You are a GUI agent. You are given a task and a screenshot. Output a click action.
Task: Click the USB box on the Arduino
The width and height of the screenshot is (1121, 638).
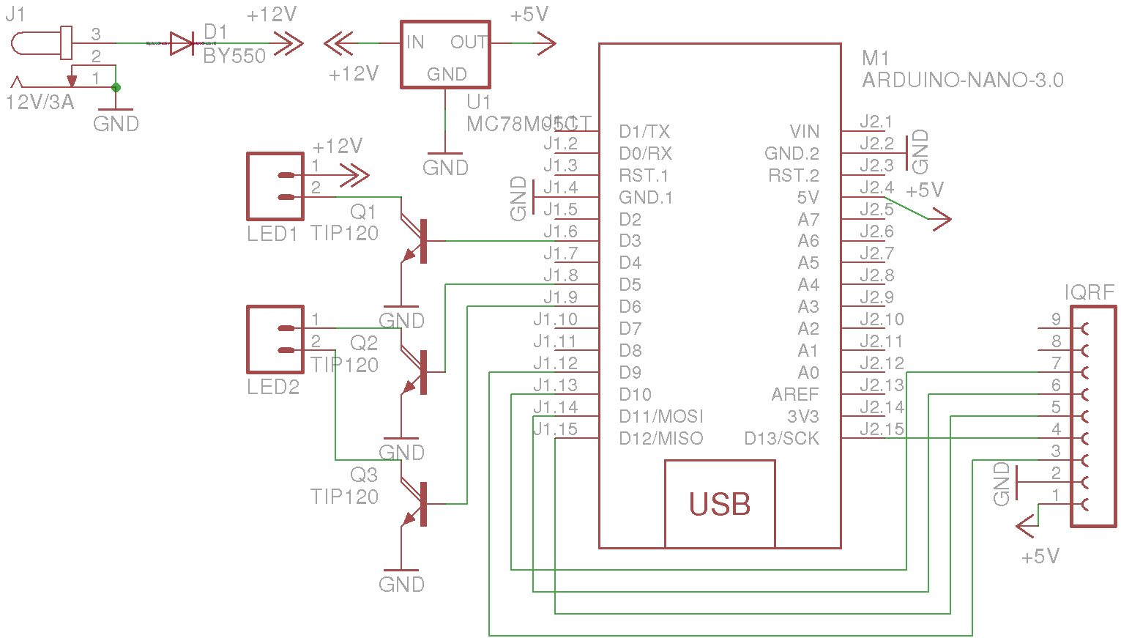pyautogui.click(x=720, y=504)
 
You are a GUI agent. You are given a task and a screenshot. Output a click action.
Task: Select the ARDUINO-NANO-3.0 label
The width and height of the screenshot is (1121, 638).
pyautogui.click(x=962, y=81)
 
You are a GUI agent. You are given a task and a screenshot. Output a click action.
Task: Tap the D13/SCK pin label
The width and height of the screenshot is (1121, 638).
pyautogui.click(x=781, y=439)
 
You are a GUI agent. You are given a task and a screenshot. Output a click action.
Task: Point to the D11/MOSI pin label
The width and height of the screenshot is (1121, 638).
pyautogui.click(x=660, y=417)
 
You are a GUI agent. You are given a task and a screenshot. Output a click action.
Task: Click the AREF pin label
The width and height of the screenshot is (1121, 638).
pyautogui.click(x=794, y=395)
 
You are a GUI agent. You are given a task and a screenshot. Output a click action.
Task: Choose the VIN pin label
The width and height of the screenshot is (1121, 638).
pyautogui.click(x=804, y=132)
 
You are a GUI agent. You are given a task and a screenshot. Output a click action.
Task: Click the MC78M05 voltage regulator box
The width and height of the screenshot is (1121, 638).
pyautogui.click(x=445, y=55)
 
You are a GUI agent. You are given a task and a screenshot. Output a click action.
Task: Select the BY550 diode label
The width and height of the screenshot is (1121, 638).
pyautogui.click(x=234, y=56)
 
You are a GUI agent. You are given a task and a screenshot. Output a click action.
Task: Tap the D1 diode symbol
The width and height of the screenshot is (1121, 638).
pyautogui.click(x=182, y=44)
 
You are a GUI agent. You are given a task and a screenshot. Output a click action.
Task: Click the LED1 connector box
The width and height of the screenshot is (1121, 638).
pyautogui.click(x=275, y=186)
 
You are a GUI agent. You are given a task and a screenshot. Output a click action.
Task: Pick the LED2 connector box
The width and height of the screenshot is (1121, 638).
pyautogui.click(x=275, y=339)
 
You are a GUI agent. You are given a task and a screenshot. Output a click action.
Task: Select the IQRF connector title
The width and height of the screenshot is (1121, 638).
pyautogui.click(x=1090, y=293)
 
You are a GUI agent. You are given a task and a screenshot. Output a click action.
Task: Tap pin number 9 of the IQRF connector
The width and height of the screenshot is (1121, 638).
pyautogui.click(x=1056, y=319)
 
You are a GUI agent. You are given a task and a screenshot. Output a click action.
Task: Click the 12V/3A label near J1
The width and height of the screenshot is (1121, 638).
pyautogui.click(x=40, y=103)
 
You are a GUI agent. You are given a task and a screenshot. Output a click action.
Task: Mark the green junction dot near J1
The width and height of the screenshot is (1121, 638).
pyautogui.click(x=116, y=87)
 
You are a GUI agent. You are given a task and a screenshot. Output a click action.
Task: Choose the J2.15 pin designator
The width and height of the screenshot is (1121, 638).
pyautogui.click(x=882, y=429)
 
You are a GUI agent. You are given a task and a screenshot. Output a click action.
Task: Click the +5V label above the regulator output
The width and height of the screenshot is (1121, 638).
pyautogui.click(x=529, y=15)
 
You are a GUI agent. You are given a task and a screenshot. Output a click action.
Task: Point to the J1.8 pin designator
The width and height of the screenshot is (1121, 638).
pyautogui.click(x=561, y=275)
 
